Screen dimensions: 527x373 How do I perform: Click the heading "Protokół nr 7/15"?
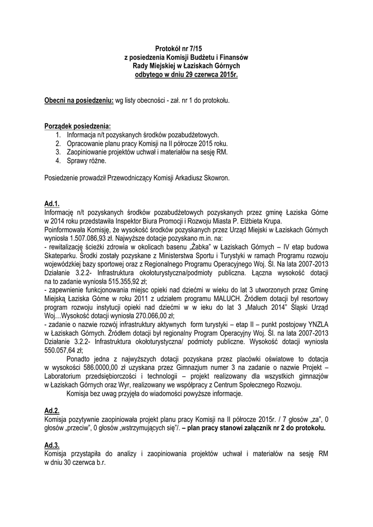pyautogui.click(x=186, y=48)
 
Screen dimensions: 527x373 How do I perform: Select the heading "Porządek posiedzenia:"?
pyautogui.click(x=77, y=126)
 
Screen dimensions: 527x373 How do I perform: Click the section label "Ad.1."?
pyautogui.click(x=52, y=204)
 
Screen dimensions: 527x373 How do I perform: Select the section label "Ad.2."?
pyautogui.click(x=52, y=411)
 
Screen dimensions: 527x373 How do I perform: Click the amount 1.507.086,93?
pyautogui.click(x=91, y=239)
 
